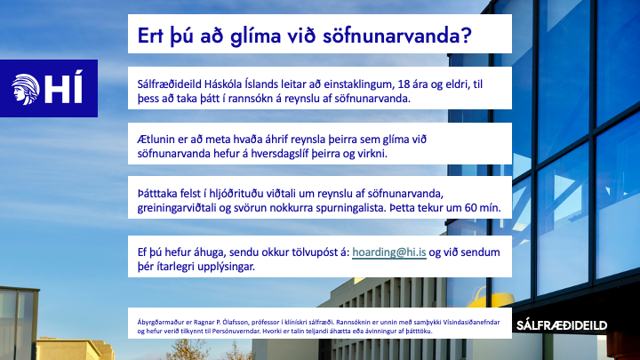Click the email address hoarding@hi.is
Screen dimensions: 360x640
pyautogui.click(x=389, y=252)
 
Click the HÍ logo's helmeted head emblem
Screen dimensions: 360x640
pyautogui.click(x=25, y=88)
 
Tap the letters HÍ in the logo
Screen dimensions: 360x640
pyautogui.click(x=60, y=88)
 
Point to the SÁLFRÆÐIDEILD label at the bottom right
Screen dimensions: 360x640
pyautogui.click(x=562, y=325)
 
